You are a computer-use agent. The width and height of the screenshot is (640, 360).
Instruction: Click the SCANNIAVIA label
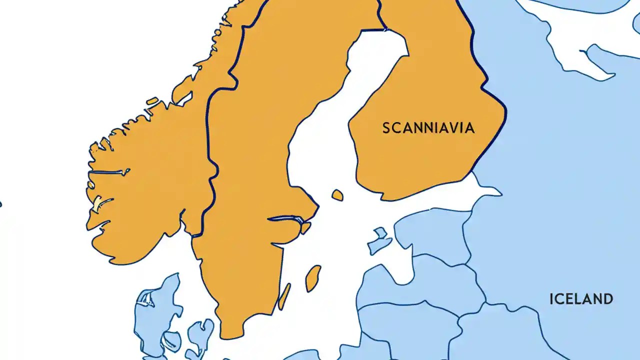428,128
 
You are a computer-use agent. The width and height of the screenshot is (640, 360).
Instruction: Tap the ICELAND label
581,299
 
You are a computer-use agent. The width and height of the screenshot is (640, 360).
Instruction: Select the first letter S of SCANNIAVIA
386,128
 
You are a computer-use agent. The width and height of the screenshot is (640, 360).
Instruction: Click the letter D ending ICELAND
607,299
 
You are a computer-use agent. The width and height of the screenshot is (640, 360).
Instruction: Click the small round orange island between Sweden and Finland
337,195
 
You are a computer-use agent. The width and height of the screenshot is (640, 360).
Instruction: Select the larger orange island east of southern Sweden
313,278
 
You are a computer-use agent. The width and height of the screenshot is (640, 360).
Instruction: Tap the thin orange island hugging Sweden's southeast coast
284,296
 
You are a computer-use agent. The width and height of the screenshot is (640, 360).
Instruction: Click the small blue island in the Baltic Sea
379,241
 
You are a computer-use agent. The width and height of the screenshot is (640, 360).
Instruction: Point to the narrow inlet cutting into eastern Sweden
285,219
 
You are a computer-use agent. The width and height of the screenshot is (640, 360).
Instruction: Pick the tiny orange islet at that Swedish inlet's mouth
305,228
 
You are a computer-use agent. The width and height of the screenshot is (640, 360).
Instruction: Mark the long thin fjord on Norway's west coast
107,172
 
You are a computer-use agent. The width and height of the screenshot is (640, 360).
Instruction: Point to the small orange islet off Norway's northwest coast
151,102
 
